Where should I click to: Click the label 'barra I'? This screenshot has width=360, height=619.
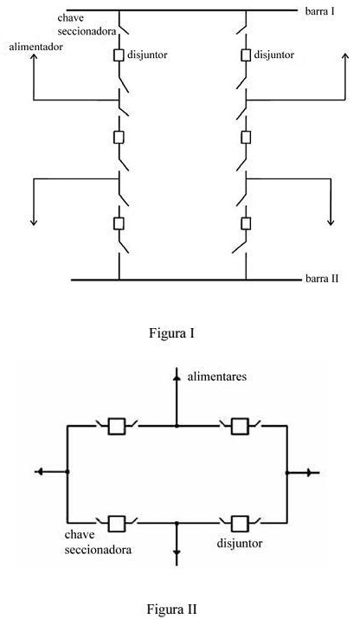319,11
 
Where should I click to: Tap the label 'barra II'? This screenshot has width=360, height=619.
322,279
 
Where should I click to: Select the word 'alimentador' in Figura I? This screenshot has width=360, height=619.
36,47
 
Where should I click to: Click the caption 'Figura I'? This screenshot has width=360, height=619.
171,332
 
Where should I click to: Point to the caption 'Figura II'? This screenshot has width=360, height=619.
171,609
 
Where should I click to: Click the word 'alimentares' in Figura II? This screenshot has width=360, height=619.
216,377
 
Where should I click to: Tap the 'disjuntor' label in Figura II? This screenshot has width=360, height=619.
239,543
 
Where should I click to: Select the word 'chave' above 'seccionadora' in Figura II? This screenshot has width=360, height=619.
80,535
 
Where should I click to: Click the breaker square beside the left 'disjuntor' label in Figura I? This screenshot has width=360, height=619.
119,55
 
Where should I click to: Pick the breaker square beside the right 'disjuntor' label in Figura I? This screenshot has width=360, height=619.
246,55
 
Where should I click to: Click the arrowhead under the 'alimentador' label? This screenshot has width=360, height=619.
34,57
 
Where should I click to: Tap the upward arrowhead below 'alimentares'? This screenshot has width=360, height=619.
177,377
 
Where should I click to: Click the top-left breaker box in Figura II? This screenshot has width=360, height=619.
117,426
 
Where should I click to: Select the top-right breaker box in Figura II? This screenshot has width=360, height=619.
240,426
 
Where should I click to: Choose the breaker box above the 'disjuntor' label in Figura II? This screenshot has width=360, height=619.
240,524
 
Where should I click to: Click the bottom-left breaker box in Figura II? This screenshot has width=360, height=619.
117,524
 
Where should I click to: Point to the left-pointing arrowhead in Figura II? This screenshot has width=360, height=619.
39,471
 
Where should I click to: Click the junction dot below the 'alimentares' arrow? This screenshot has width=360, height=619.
177,426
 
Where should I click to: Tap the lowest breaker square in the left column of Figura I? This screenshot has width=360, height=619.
119,223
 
